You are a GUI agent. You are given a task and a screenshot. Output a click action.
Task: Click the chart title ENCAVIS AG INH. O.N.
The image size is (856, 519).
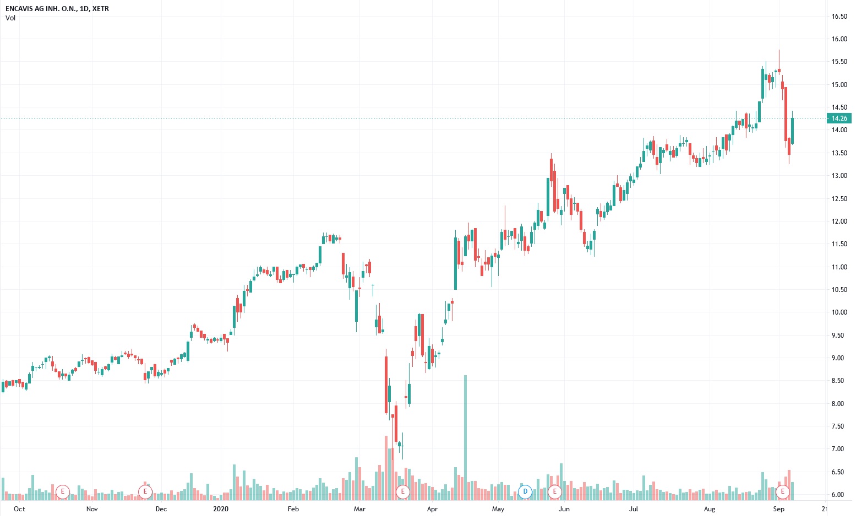point(39,9)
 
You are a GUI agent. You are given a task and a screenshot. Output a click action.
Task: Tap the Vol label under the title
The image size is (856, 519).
point(10,18)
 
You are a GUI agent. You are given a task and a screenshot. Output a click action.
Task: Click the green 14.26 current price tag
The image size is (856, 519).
point(839,118)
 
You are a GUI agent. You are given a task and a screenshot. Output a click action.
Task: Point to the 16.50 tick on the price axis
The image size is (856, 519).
point(839,17)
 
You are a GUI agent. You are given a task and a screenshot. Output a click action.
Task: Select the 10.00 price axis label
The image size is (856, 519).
point(839,312)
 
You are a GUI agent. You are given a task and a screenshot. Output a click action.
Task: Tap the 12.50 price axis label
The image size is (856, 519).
point(839,199)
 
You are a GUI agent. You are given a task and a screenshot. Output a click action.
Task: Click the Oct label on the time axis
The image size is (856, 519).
point(19,509)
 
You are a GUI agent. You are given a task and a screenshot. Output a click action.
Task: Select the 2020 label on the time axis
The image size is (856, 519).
point(220,509)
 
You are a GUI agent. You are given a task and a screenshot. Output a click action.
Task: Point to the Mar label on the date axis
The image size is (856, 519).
point(359,509)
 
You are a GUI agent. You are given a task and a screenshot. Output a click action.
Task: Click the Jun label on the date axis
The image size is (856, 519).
point(564,509)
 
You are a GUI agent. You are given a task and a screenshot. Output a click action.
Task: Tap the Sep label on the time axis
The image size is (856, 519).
point(778,509)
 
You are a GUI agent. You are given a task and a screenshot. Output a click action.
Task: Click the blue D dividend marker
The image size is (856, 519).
point(525,491)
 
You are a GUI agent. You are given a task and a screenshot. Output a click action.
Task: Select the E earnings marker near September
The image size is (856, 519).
point(782,491)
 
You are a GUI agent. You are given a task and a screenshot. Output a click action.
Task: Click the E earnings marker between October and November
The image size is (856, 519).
point(63,491)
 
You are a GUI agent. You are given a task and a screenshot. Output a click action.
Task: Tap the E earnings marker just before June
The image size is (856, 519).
point(555,491)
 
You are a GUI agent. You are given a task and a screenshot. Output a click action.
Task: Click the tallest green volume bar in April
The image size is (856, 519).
point(465,435)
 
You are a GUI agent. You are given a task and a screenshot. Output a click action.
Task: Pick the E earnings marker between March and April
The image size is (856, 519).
point(403,491)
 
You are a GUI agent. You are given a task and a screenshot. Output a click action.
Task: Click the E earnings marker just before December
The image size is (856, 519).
point(145,491)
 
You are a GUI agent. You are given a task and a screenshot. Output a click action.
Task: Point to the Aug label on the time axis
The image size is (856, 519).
point(709,509)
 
